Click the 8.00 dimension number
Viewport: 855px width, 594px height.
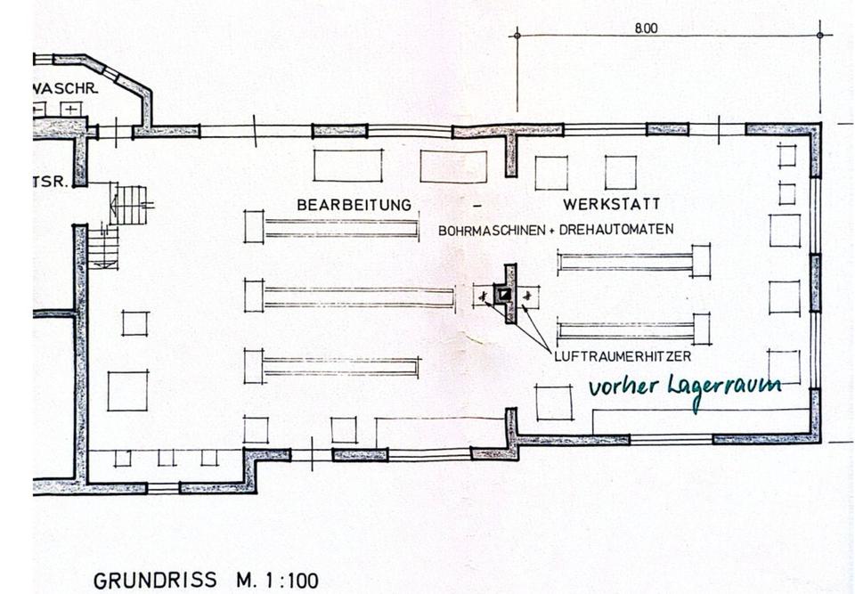tap(646, 28)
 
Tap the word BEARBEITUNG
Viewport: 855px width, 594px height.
tap(354, 205)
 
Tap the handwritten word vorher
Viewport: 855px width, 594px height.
tap(622, 388)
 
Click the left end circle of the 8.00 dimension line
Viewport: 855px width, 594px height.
tap(516, 35)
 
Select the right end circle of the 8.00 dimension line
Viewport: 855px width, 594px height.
tap(820, 35)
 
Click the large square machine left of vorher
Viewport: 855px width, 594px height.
tap(554, 402)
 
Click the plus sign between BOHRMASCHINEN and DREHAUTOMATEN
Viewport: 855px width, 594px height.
tap(551, 231)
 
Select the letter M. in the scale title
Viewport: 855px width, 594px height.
tap(246, 582)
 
